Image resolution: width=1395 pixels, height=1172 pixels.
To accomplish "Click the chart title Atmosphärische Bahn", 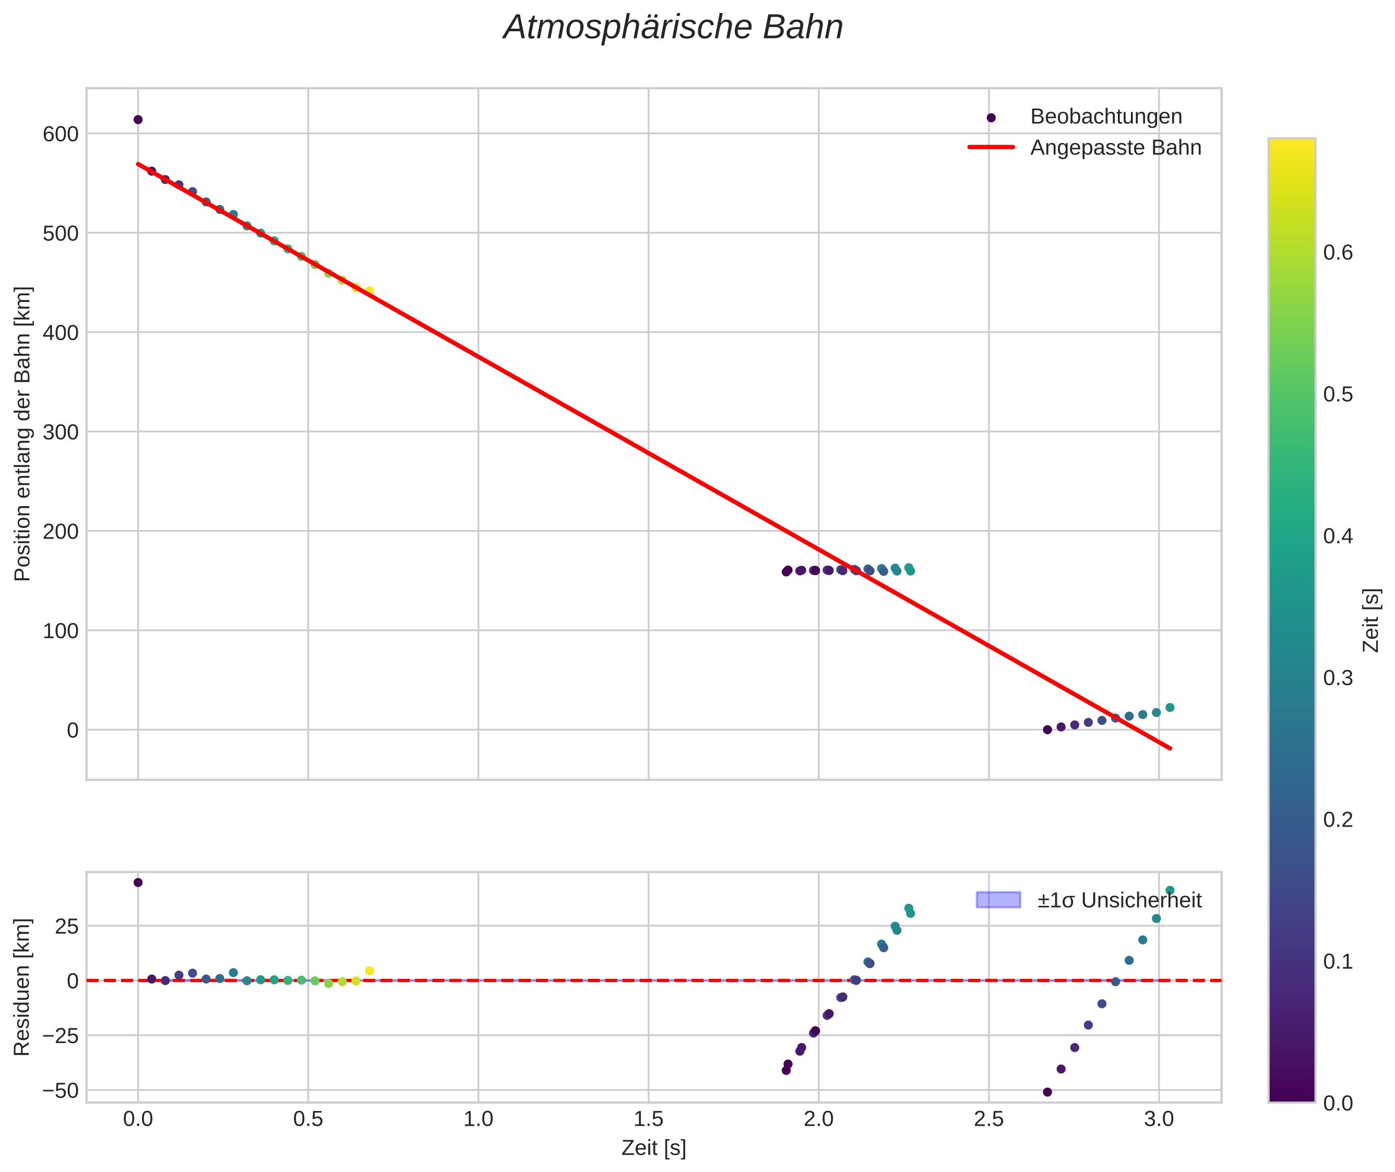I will pos(673,28).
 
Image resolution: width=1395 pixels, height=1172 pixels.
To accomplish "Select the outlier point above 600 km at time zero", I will pos(138,119).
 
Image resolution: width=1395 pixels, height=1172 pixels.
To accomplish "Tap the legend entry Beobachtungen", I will pos(1106,117).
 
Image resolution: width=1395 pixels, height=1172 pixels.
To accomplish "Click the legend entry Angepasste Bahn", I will pos(1115,148).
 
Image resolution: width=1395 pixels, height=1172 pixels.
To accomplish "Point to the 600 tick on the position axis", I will pos(61,134).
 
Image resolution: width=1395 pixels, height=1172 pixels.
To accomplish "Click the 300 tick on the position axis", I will pos(61,433).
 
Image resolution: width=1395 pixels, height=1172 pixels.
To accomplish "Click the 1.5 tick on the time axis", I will pos(648,1119).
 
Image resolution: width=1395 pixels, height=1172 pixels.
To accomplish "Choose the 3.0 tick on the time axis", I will pos(1159,1119).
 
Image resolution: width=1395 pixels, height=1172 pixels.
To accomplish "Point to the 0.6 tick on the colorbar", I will pos(1338,253).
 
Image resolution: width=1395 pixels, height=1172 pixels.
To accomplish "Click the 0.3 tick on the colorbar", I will pos(1338,678).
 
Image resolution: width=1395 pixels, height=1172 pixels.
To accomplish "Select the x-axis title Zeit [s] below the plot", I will pos(653,1149).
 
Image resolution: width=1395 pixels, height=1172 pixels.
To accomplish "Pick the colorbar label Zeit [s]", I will pos(1371,620).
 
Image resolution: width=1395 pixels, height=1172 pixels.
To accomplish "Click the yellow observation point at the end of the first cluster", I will pos(369,290).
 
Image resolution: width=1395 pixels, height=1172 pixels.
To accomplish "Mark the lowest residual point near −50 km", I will pos(1047,1092).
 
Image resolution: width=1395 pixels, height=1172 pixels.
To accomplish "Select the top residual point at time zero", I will pos(138,883).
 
